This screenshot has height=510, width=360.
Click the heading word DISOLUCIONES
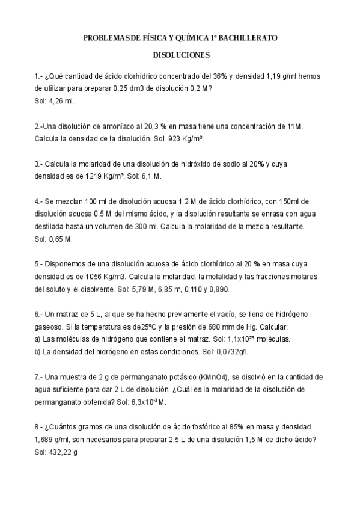[x=181, y=55]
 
